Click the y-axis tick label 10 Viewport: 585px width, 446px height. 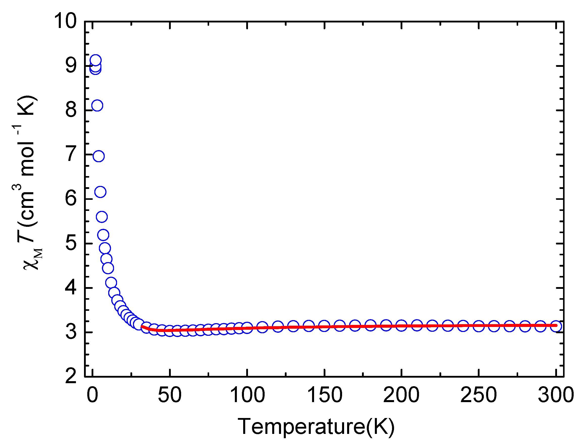(x=65, y=21)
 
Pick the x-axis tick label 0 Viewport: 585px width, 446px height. (x=92, y=395)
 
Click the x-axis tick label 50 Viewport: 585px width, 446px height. (x=170, y=395)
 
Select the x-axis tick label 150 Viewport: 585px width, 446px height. (x=324, y=395)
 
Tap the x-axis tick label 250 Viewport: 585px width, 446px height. (x=479, y=395)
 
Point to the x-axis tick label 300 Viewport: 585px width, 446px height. (x=556, y=395)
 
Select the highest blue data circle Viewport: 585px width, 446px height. (x=95, y=60)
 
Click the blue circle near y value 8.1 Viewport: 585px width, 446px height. (x=97, y=106)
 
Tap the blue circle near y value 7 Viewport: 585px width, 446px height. (x=98, y=156)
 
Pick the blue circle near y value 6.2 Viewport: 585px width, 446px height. (x=100, y=192)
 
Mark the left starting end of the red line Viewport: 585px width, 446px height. (x=142, y=326)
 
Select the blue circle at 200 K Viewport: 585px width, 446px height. (x=401, y=325)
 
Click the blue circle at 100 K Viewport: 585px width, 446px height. (x=247, y=328)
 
